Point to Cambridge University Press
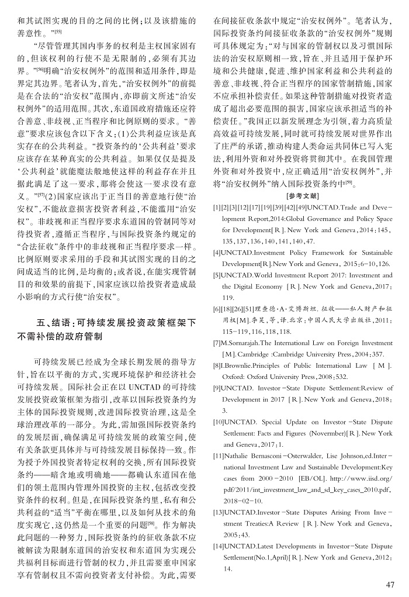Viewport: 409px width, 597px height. (315, 354)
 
